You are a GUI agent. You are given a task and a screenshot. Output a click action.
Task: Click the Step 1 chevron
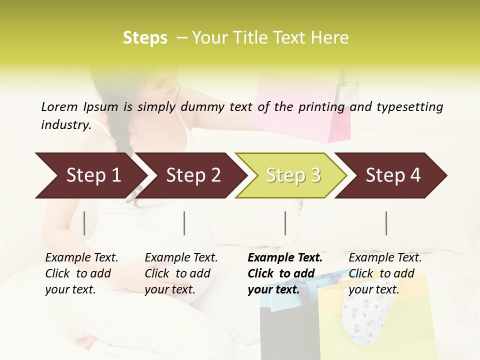coord(90,175)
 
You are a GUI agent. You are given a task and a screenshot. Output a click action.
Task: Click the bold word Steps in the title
coord(145,38)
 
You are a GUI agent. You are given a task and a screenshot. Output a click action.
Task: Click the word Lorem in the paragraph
coord(59,106)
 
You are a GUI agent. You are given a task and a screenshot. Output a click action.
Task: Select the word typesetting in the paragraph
coord(409,107)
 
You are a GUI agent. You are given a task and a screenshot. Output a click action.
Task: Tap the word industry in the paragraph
coord(65,125)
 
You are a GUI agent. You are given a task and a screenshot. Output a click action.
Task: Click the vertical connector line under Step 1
coord(84,223)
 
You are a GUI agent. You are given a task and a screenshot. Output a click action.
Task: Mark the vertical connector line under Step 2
coord(184,223)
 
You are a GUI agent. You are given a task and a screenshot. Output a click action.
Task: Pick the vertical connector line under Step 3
coord(285,223)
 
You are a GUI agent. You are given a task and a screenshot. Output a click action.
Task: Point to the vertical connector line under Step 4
coord(386,223)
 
